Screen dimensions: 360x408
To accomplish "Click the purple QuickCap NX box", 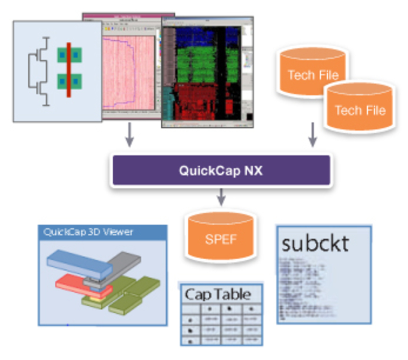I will (x=221, y=170).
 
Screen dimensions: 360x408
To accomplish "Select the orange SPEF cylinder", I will (x=221, y=238).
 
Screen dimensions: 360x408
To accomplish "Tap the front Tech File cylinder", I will (x=360, y=109).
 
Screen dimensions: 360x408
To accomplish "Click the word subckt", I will (x=315, y=243).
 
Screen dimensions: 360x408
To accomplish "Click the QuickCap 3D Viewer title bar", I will (x=103, y=232).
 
